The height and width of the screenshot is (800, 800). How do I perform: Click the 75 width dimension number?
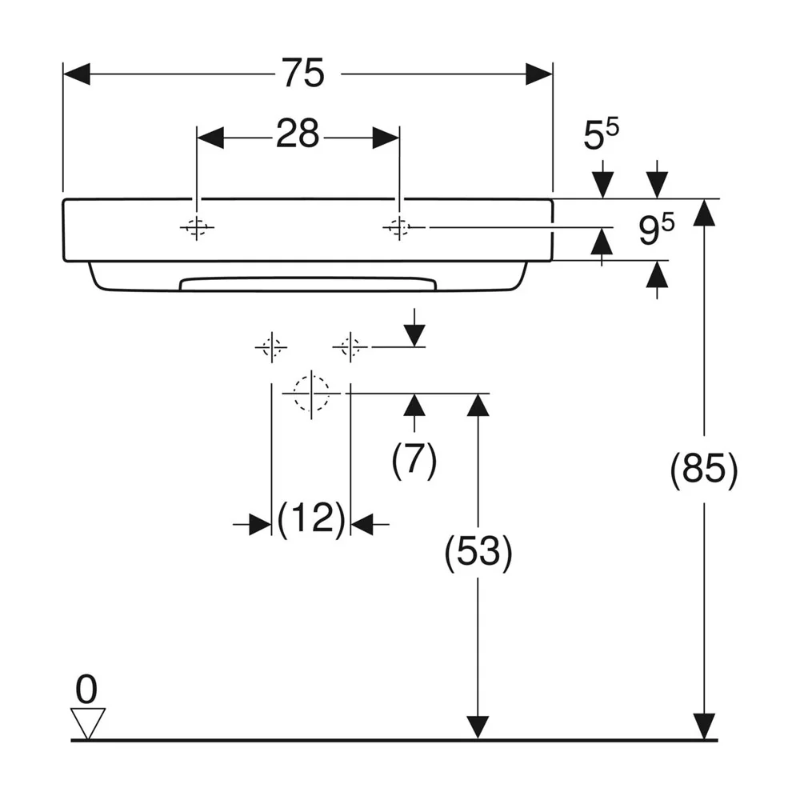[x=303, y=73]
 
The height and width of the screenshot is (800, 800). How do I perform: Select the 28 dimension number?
[x=298, y=134]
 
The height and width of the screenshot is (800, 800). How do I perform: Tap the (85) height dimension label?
[x=704, y=469]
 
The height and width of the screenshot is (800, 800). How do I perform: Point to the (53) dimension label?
[x=478, y=552]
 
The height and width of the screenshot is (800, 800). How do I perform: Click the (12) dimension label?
[x=312, y=518]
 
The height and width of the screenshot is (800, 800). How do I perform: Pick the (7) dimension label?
[x=414, y=460]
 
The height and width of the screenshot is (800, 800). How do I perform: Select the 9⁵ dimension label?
[x=656, y=229]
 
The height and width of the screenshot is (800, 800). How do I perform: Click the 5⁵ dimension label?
[x=601, y=134]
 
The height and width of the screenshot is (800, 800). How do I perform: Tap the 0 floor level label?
[x=86, y=690]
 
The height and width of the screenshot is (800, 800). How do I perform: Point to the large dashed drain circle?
[x=311, y=394]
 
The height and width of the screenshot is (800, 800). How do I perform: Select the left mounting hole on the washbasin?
[x=197, y=227]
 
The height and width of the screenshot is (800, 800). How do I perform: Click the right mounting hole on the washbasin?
[x=399, y=227]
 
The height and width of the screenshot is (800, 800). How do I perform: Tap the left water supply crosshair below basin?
[x=271, y=347]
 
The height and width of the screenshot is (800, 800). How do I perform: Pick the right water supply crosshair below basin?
[x=350, y=347]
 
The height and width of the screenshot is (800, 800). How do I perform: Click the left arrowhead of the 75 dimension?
[x=77, y=74]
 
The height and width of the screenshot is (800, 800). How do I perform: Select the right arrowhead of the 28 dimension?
[x=386, y=138]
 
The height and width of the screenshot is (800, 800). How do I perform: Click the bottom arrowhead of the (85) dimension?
[x=704, y=726]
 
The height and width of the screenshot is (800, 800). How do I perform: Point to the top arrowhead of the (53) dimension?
[x=478, y=406]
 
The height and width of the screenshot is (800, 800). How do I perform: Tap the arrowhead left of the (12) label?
[x=260, y=524]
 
